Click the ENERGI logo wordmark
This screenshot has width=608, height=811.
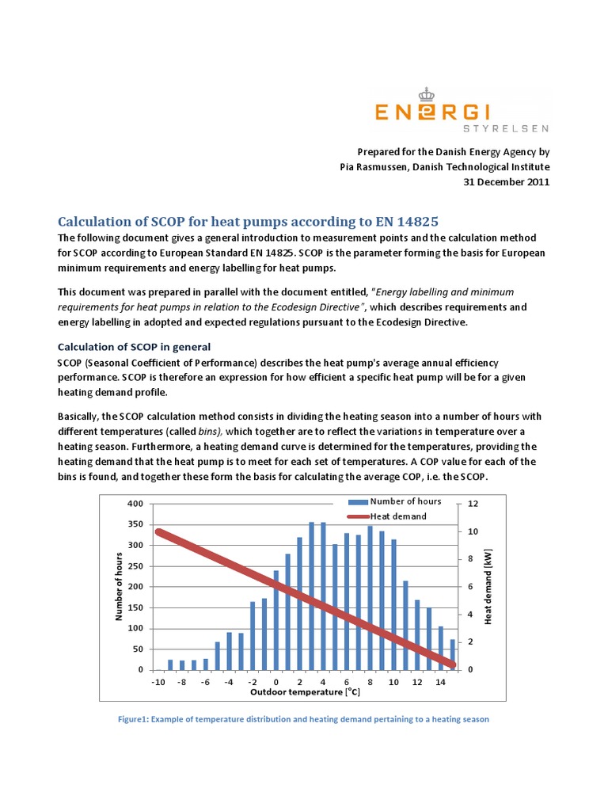click(x=462, y=112)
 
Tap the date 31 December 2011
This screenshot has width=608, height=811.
click(x=506, y=181)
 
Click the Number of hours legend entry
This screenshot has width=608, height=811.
click(x=405, y=501)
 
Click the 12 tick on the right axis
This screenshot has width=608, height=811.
click(x=473, y=504)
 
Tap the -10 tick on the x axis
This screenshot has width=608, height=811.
click(x=158, y=682)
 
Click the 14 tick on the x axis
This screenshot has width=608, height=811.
click(x=440, y=682)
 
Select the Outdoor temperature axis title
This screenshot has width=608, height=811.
click(x=305, y=693)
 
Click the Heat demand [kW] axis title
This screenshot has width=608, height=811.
click(x=488, y=586)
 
